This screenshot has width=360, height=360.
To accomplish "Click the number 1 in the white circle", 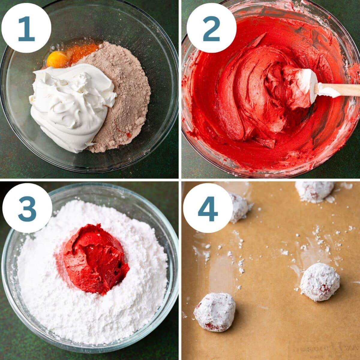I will pyautogui.click(x=26, y=28).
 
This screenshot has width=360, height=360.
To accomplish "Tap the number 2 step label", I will pyautogui.click(x=211, y=28).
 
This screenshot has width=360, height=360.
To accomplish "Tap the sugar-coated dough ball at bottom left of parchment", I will pyautogui.click(x=215, y=312).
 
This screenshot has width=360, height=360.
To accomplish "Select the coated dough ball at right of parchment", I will pyautogui.click(x=320, y=282).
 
